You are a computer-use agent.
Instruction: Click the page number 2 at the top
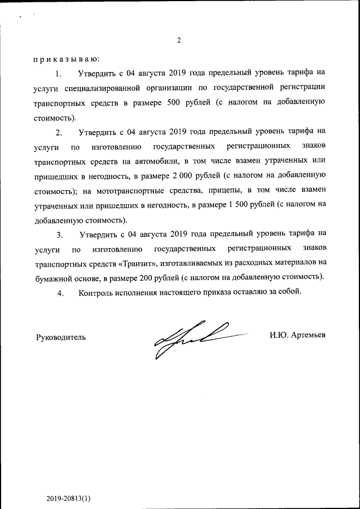(x=179, y=40)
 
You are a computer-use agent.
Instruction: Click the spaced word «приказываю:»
(x=66, y=58)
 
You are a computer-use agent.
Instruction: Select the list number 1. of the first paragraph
(x=58, y=74)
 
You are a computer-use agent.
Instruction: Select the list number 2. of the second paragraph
(x=58, y=133)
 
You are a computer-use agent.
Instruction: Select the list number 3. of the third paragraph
(x=58, y=234)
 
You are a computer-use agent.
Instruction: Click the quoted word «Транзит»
(x=139, y=263)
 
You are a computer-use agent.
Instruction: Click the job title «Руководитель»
(x=61, y=337)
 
